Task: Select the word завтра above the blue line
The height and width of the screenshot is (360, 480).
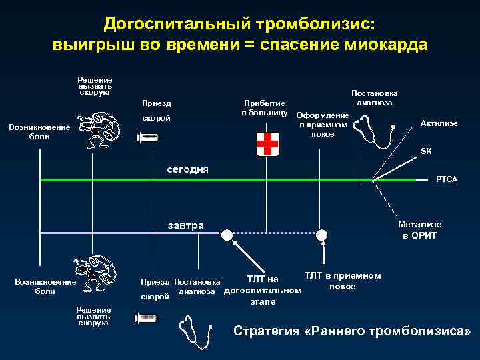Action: click(186, 225)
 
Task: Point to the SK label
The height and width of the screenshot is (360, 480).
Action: click(425, 151)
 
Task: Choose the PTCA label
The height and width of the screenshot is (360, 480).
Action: click(446, 180)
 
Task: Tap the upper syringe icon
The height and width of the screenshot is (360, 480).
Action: click(148, 138)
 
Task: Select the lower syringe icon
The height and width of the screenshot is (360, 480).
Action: click(147, 319)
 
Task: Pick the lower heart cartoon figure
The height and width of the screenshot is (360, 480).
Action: click(98, 275)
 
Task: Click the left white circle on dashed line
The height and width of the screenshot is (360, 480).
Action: click(227, 234)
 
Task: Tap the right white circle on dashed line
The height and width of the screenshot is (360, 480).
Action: click(322, 234)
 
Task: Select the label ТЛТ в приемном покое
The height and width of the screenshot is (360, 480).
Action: click(342, 281)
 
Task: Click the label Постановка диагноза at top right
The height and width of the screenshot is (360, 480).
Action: click(373, 98)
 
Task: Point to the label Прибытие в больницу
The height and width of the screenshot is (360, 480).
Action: click(265, 108)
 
